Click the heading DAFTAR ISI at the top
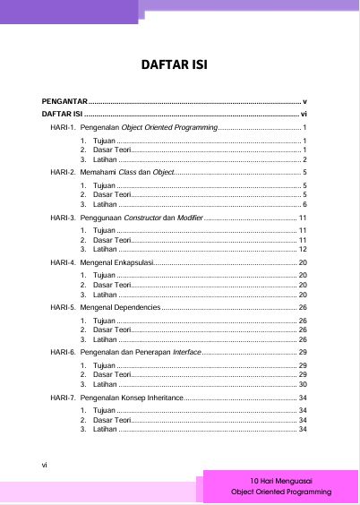click(x=180, y=64)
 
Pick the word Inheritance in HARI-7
click(x=162, y=397)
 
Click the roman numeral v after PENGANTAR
click(x=304, y=102)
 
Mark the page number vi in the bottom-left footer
click(x=45, y=464)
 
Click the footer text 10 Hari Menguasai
click(x=280, y=481)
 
